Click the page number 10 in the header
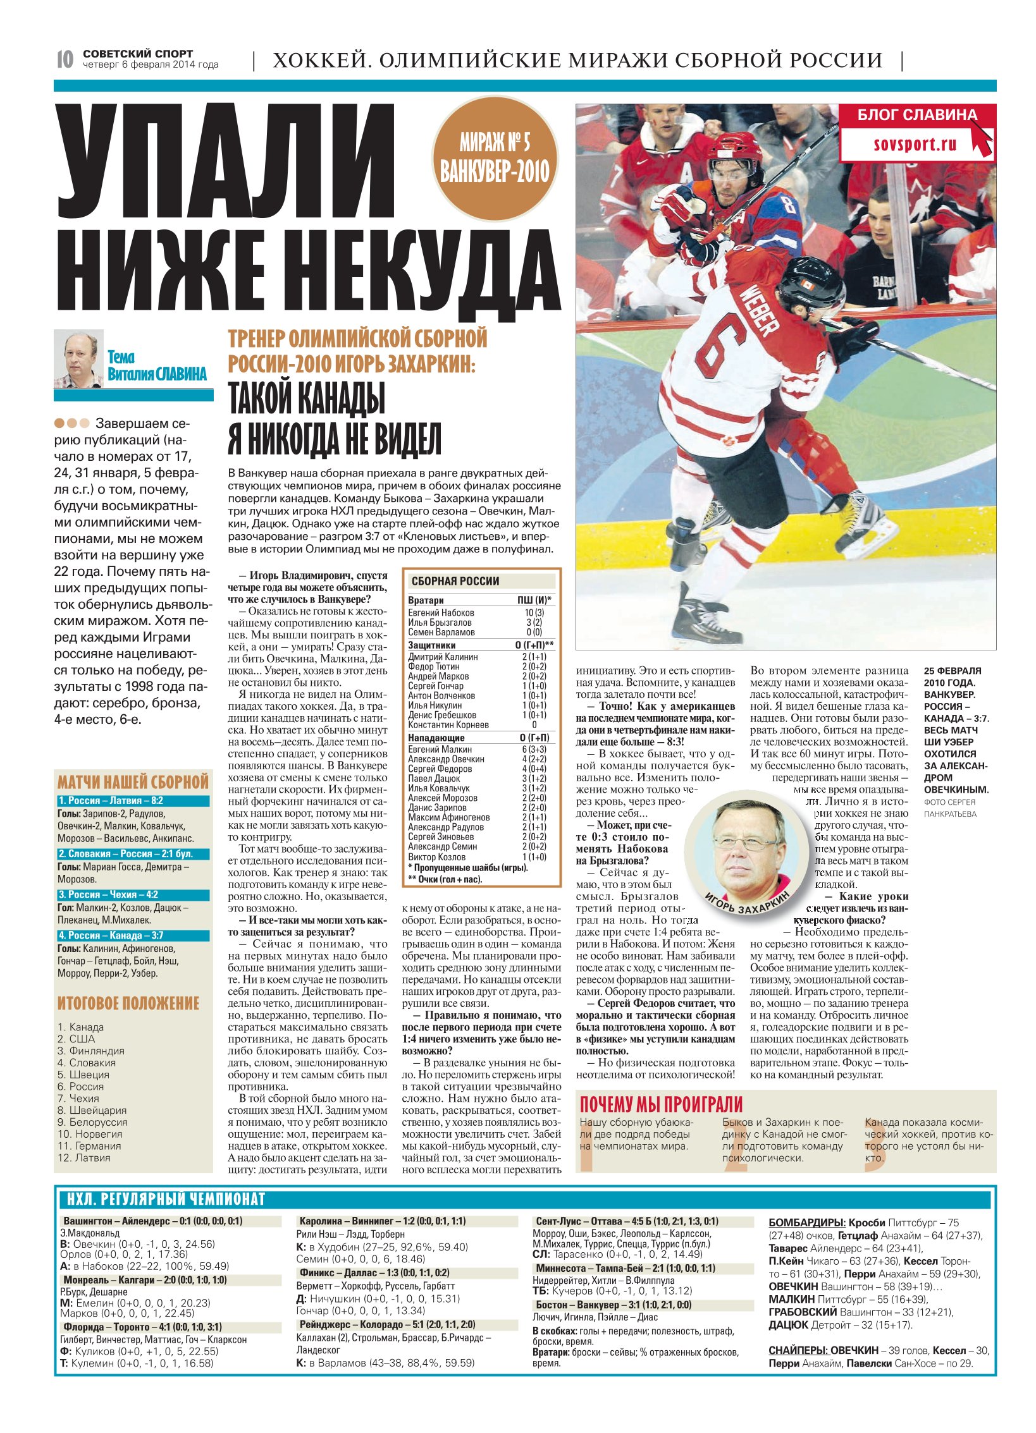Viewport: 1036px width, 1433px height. point(65,59)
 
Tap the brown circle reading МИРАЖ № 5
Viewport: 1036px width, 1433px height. point(495,158)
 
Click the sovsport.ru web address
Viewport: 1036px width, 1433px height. point(915,144)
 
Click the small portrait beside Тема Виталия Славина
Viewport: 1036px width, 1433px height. point(78,358)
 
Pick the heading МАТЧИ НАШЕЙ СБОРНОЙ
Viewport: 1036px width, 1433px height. point(133,782)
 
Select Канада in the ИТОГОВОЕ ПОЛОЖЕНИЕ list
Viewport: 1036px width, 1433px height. point(87,1027)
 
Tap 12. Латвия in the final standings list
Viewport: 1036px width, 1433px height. point(84,1158)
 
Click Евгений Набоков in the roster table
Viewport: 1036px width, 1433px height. point(441,613)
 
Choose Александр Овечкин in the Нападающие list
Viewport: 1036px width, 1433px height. point(446,759)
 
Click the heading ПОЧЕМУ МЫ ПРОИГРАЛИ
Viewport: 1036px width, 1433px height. point(661,1104)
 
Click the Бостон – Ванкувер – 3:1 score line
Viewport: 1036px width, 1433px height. point(614,1305)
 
